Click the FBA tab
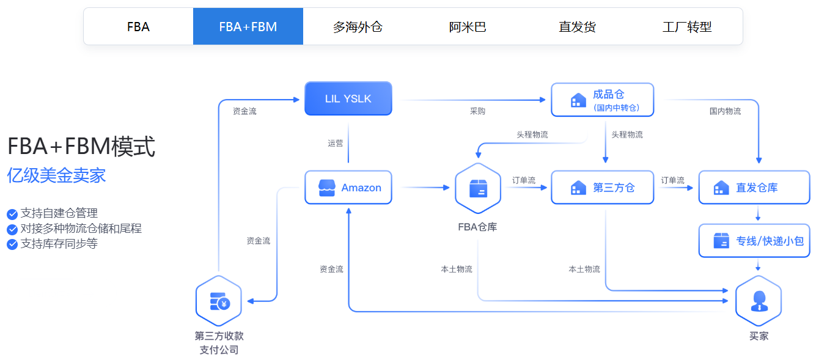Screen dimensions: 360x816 click(138, 27)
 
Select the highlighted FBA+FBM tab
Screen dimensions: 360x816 click(248, 27)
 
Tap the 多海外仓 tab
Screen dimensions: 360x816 click(358, 27)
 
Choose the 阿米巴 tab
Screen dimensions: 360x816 click(468, 27)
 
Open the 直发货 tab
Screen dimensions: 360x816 click(577, 27)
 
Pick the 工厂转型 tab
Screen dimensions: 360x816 click(687, 27)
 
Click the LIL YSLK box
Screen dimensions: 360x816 click(348, 98)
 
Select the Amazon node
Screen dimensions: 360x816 click(348, 188)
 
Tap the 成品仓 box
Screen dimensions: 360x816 click(602, 100)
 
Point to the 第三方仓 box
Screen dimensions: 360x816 click(602, 188)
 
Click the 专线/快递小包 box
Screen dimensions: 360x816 click(758, 241)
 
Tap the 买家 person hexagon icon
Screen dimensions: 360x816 click(759, 300)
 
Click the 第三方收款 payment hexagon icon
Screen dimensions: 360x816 click(218, 301)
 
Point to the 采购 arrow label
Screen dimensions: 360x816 click(477, 112)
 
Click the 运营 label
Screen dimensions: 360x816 click(336, 144)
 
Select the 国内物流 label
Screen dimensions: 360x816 click(725, 112)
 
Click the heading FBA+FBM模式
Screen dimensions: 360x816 click(81, 147)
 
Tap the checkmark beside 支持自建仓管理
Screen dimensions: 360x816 click(12, 214)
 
